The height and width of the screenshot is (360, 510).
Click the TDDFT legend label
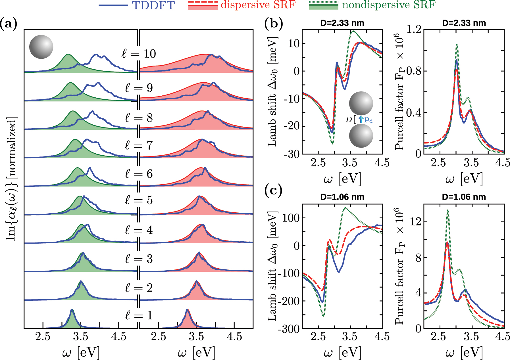(153, 5)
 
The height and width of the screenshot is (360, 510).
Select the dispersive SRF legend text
(258, 5)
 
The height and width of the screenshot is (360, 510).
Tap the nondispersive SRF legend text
(388, 5)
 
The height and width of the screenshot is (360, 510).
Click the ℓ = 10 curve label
(139, 54)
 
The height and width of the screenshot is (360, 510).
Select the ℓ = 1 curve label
(139, 315)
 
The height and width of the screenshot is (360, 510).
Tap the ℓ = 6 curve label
(139, 174)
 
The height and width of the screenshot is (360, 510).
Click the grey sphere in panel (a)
(41, 47)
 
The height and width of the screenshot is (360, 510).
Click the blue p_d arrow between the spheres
(361, 120)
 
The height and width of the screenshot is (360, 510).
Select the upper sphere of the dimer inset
(361, 103)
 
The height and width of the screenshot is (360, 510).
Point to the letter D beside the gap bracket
(349, 120)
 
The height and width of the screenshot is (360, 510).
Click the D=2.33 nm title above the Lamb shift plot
(342, 23)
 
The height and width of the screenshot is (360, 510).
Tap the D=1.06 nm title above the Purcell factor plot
(464, 197)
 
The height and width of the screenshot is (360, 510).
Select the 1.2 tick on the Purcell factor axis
(414, 29)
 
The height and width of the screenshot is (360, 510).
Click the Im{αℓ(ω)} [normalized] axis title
(11, 179)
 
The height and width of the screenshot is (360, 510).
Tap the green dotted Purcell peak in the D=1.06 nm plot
(448, 211)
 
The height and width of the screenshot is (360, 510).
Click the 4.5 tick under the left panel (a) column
(118, 337)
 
